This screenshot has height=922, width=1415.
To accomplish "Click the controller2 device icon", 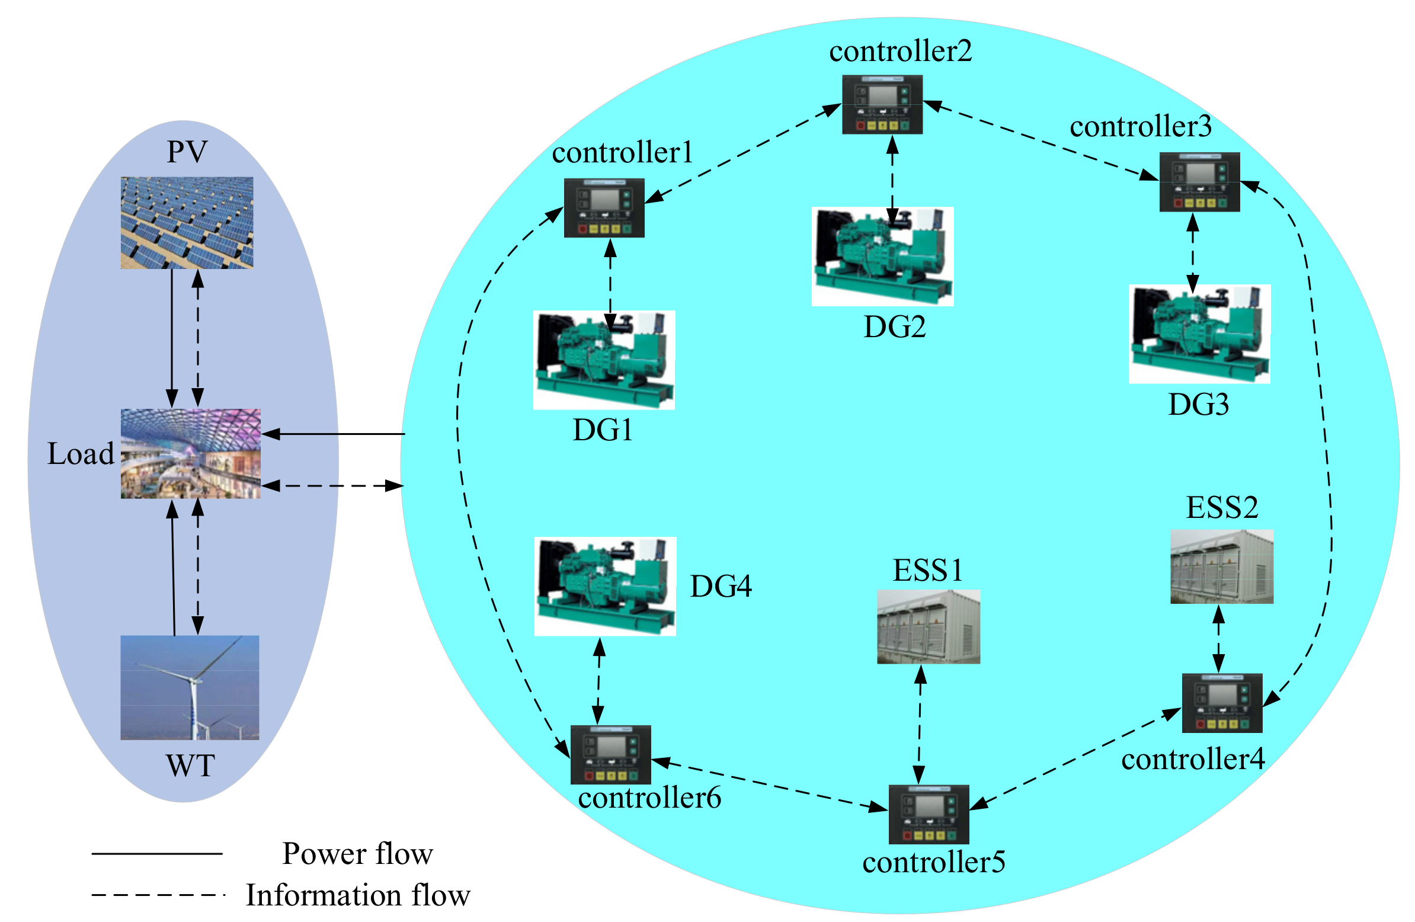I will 882,105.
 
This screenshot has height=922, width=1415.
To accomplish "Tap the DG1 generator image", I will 604,360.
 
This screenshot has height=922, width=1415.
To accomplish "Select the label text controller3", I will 1140,127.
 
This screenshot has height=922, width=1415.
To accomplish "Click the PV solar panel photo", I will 187,223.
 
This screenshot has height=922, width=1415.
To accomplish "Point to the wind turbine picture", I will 190,687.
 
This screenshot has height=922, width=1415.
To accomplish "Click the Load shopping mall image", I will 190,453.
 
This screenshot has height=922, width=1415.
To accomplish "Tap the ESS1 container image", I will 928,626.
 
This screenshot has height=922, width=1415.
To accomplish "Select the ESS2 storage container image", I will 1221,566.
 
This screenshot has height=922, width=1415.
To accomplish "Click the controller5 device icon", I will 929,814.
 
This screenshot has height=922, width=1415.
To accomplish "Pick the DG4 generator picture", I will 605,587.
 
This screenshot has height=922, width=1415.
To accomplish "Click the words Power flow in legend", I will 357,854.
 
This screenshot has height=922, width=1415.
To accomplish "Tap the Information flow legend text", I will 357,895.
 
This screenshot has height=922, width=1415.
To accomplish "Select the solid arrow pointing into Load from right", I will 333,434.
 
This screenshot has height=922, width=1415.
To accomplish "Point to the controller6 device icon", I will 610,755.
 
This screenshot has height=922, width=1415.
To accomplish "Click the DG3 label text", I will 1198,405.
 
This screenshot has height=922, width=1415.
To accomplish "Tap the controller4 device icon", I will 1222,703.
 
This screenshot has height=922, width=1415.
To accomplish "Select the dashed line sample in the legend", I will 158,895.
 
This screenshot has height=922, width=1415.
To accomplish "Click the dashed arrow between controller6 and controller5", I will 770,785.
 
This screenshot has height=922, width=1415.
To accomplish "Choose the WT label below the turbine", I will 190,766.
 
